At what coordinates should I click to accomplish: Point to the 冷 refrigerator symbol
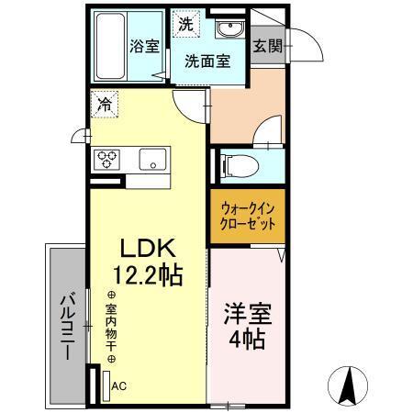coord(106,105)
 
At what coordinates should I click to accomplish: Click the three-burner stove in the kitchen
coord(105,159)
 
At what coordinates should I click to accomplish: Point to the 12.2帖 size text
coord(144,273)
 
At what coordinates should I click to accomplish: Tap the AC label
coord(119,386)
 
